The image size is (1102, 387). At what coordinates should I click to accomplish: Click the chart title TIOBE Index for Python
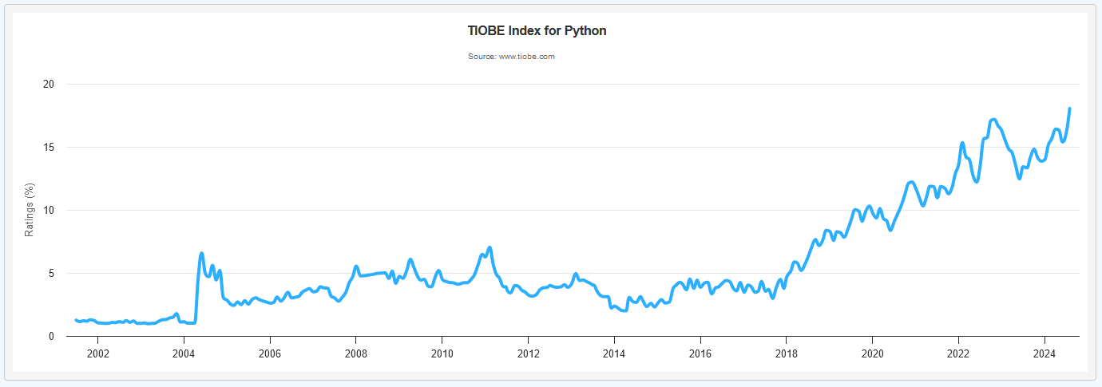pos(537,31)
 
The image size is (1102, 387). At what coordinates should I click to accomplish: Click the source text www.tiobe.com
pos(511,57)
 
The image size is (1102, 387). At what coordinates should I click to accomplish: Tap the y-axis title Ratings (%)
pos(30,210)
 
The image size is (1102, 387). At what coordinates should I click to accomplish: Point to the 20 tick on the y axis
pos(48,85)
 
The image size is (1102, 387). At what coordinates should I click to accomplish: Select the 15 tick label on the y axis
pos(48,148)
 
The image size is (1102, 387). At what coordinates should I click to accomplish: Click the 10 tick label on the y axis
pos(48,211)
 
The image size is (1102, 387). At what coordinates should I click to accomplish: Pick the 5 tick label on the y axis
pos(50,274)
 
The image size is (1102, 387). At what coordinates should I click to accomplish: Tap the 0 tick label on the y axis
pos(50,337)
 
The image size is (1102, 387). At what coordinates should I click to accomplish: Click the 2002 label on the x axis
pos(97,353)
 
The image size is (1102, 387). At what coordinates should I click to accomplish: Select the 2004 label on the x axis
pos(184,353)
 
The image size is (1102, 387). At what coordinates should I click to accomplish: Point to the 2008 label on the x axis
pos(356,353)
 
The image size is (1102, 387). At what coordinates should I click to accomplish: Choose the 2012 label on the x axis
pos(528,353)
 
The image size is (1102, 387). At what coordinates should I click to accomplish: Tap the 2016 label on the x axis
pos(700,353)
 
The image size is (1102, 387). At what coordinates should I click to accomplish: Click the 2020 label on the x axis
pos(872,353)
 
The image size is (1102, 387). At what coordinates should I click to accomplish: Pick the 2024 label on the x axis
pos(1045,353)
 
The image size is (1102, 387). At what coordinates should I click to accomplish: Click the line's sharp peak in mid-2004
pos(201,253)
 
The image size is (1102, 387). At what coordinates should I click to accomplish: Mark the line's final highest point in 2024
pos(1069,109)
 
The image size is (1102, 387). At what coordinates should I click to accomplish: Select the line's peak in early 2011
pos(490,247)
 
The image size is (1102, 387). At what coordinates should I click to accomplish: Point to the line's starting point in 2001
pos(76,320)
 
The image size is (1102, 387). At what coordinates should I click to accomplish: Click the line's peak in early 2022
pos(962,143)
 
